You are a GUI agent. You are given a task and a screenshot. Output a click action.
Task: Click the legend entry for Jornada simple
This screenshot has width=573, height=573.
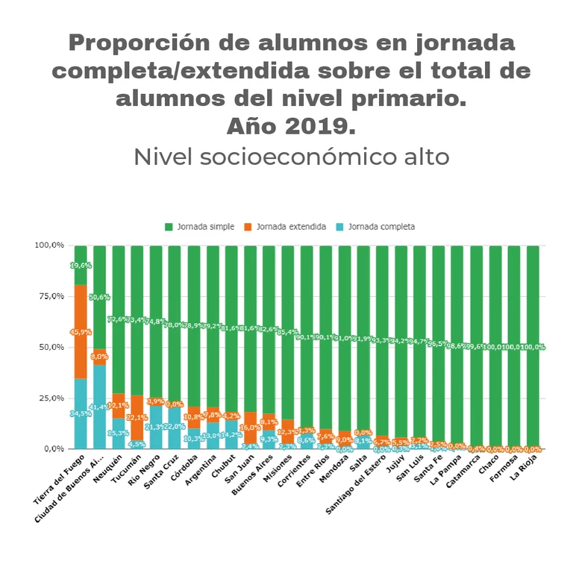tap(205, 227)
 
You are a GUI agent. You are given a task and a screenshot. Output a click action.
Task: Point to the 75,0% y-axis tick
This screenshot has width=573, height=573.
tap(50, 296)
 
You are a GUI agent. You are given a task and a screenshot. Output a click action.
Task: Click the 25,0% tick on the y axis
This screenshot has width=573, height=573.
tap(50, 398)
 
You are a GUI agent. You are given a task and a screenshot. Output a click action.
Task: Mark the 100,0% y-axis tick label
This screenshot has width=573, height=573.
tap(48, 245)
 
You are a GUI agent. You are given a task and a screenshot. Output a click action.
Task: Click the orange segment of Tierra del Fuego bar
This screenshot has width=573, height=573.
tap(81, 331)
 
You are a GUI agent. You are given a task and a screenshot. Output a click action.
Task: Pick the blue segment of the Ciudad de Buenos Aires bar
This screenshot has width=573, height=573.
tap(99, 407)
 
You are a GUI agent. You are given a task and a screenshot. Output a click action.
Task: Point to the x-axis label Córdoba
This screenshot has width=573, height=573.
tap(184, 470)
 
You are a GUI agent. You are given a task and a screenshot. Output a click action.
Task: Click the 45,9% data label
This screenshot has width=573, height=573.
tap(81, 332)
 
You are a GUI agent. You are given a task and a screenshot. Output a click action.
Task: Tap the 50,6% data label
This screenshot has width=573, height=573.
tap(99, 297)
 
